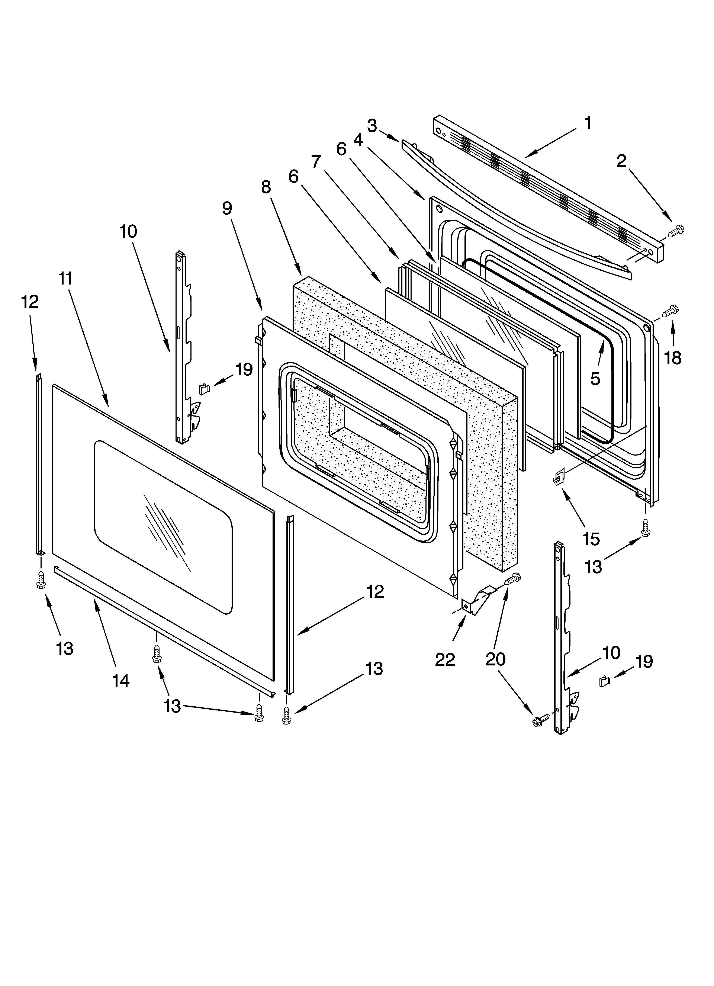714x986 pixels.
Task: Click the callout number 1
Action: pos(588,123)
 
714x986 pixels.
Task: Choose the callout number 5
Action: pos(595,379)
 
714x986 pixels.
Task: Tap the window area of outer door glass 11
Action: pos(163,528)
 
